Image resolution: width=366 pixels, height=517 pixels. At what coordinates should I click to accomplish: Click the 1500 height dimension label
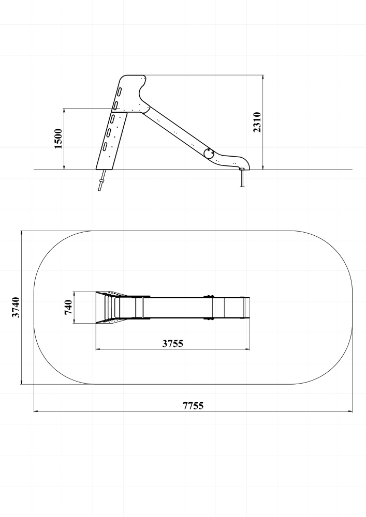click(58, 139)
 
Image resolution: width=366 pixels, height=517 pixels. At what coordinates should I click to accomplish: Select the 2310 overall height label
click(257, 123)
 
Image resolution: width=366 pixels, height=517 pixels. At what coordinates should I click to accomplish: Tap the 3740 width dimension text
click(16, 307)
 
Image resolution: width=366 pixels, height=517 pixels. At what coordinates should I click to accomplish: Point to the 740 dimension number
click(68, 307)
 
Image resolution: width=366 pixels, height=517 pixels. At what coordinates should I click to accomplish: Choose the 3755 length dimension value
click(172, 344)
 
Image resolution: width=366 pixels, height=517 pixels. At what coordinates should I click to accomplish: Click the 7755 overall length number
click(194, 405)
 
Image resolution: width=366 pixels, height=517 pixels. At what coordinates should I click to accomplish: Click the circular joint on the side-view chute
click(209, 154)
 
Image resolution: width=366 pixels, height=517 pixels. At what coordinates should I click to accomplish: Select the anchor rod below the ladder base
click(102, 180)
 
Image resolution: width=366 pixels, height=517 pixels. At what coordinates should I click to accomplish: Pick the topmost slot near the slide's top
click(119, 92)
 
